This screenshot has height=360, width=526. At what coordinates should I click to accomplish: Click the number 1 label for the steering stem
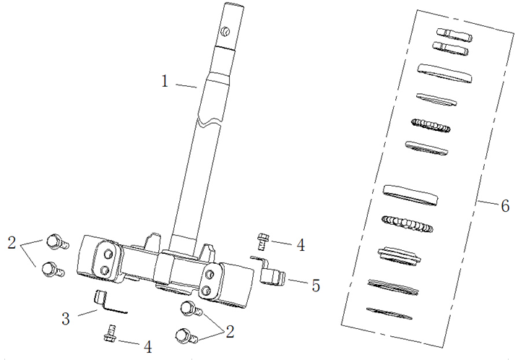(165, 82)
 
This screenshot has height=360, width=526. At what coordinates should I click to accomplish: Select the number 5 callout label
(316, 285)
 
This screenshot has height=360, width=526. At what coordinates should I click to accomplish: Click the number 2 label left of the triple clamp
(12, 242)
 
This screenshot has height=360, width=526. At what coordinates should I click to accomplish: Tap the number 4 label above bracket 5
(299, 245)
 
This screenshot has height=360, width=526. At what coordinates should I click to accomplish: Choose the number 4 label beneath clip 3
(147, 346)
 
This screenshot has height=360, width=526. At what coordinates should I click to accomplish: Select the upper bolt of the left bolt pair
(56, 241)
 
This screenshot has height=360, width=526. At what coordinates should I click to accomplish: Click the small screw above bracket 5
(264, 238)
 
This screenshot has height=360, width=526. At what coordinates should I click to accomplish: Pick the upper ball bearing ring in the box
(431, 125)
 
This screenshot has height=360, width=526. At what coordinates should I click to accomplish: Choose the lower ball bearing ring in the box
(408, 223)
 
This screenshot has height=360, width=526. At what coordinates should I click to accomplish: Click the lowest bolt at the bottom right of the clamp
(185, 335)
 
